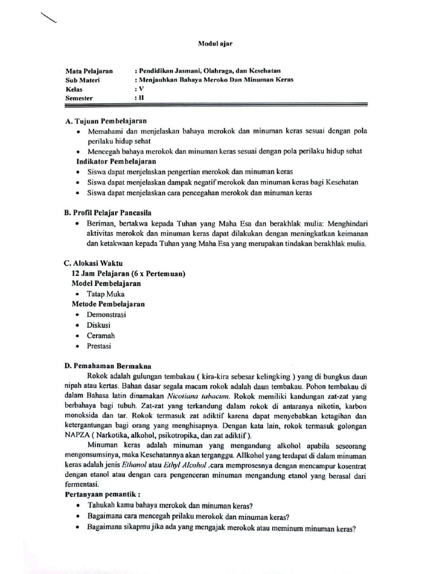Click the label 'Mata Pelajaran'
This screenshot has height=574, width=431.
pyautogui.click(x=89, y=71)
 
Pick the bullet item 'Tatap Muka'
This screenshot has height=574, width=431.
pyautogui.click(x=106, y=294)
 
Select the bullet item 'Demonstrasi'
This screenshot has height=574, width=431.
pyautogui.click(x=106, y=314)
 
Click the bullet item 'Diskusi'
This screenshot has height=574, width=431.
pyautogui.click(x=98, y=325)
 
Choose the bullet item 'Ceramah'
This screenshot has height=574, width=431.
pyautogui.click(x=100, y=335)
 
